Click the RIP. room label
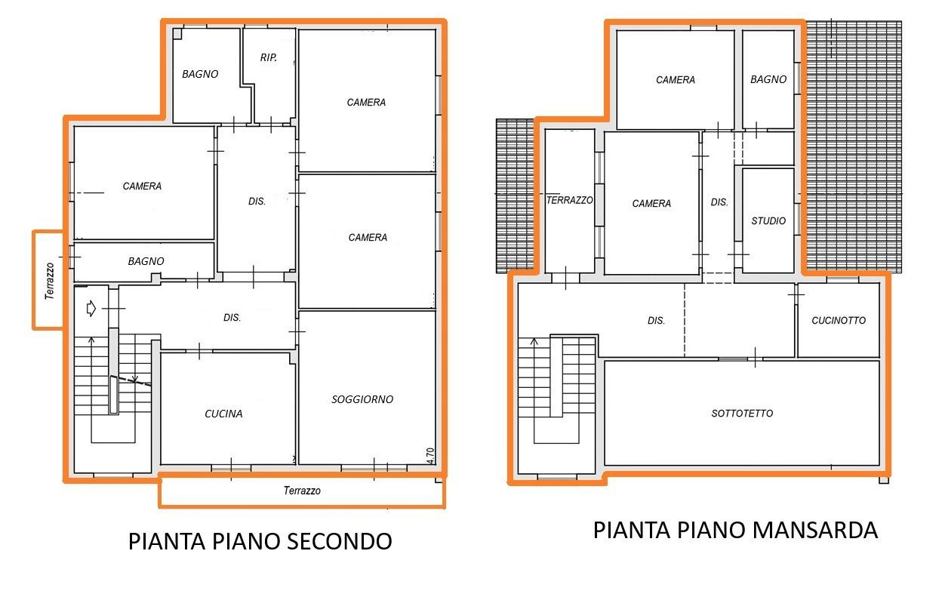point(268,57)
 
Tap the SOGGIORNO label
point(362,399)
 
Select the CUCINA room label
point(223,414)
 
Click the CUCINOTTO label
point(839,321)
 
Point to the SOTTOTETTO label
point(742,414)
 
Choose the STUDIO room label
point(768,221)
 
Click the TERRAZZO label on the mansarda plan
point(569,200)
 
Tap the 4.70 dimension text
point(429,456)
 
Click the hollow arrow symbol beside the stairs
point(91,309)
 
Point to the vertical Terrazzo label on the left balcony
point(50,281)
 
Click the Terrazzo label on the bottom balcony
point(302,491)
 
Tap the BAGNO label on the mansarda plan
point(768,79)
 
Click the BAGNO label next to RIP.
point(200,74)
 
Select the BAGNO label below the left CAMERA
point(146,261)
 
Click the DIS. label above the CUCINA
point(232,318)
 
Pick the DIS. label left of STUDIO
point(719,202)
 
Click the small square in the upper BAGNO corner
point(177,34)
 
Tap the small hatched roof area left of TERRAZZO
point(515,196)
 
